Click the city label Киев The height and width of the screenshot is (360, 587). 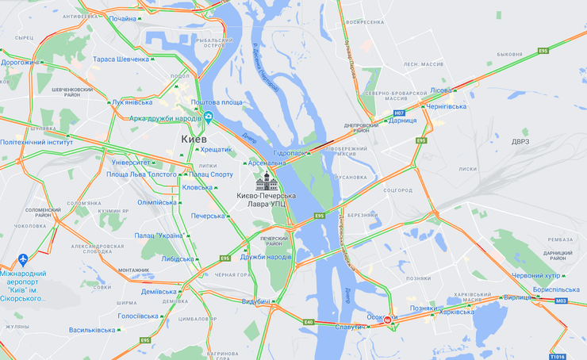click(x=194, y=139)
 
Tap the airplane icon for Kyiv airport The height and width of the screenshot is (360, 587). click(x=23, y=260)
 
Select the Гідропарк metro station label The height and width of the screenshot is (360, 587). click(x=290, y=152)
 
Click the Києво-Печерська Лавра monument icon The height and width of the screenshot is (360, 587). click(x=266, y=180)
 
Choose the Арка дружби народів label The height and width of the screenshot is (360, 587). click(x=165, y=118)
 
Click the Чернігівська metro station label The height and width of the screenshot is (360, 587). click(x=446, y=105)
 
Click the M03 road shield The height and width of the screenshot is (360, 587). click(x=561, y=301)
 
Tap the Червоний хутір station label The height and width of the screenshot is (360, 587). click(x=535, y=276)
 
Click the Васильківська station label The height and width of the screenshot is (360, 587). click(x=94, y=330)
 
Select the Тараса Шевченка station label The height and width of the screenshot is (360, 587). click(x=121, y=59)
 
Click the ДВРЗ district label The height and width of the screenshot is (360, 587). click(x=520, y=141)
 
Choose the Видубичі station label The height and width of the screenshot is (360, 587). click(x=255, y=301)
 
